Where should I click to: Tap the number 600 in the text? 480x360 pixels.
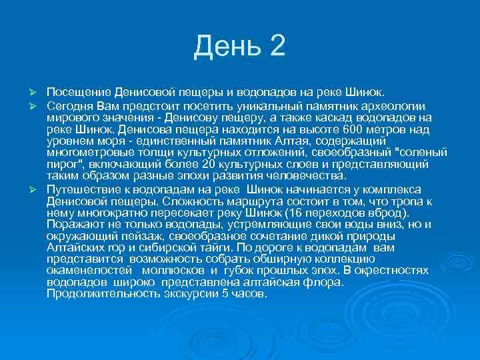click(349, 129)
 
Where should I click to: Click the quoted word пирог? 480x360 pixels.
click(63, 164)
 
